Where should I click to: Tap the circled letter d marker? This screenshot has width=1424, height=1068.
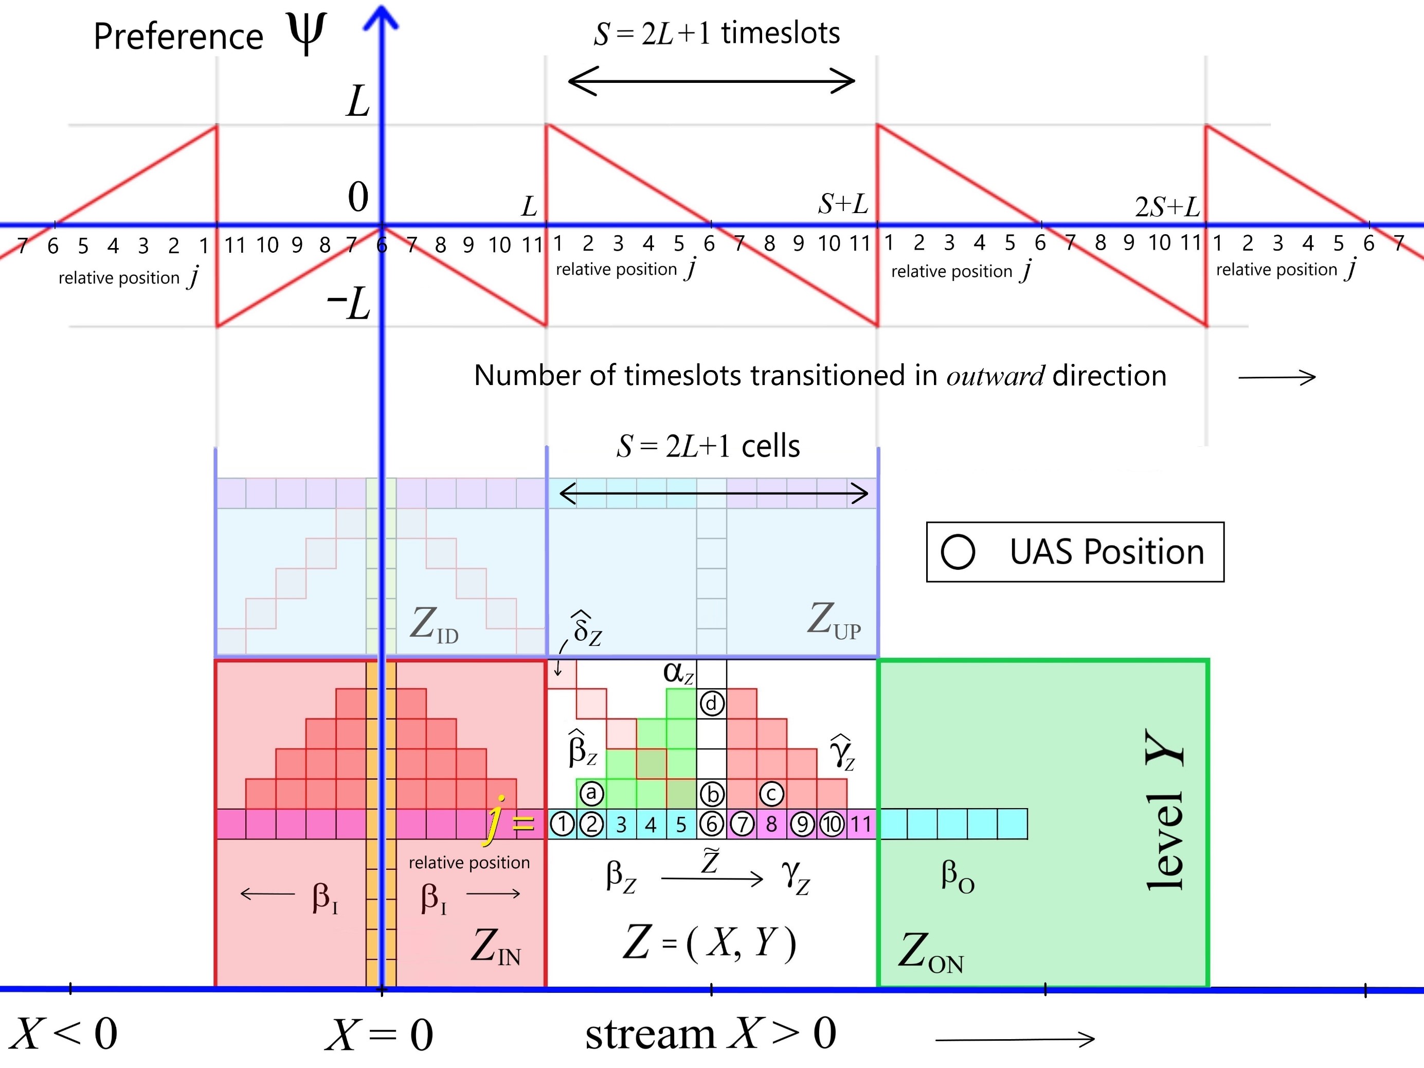click(x=711, y=704)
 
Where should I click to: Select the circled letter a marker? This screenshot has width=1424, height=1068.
click(x=591, y=794)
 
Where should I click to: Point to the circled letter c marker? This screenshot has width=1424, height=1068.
click(x=771, y=794)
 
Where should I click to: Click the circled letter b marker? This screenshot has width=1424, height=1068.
click(x=712, y=794)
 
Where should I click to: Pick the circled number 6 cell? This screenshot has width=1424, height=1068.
click(x=712, y=824)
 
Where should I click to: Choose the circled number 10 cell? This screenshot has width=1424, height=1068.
click(x=832, y=824)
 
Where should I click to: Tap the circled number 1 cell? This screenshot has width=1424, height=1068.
click(x=562, y=824)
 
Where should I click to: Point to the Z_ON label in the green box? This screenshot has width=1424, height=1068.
click(x=931, y=953)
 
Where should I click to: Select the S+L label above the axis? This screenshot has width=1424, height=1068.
click(x=843, y=204)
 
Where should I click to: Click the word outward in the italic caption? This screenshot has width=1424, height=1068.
click(x=995, y=376)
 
